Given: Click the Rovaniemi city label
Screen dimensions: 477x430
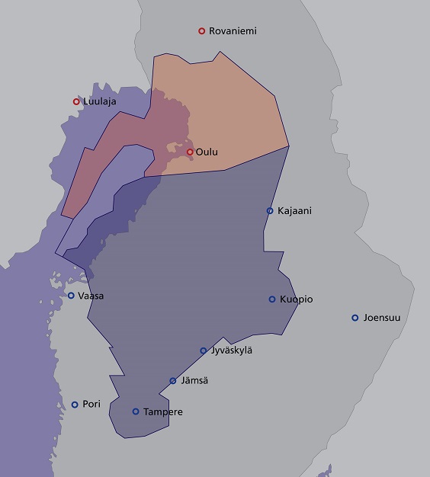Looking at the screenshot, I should pos(233,31).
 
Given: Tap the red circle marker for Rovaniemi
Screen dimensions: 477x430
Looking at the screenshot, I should pos(202,31).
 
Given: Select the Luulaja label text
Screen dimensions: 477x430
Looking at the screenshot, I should pos(101,101).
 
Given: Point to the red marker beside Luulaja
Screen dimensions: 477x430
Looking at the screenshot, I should pos(76,101).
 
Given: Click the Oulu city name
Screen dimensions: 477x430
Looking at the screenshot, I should pos(207,152).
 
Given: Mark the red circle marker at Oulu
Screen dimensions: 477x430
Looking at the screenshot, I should pos(190,152).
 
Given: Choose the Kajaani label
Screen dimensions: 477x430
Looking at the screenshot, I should pos(294,210).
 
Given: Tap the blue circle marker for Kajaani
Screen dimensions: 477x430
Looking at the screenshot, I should pos(270,210).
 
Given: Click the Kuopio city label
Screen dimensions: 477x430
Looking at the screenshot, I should pos(296,299).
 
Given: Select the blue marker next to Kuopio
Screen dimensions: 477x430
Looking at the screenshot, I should pos(272,299).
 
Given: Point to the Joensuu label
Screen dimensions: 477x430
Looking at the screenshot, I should pos(383,318).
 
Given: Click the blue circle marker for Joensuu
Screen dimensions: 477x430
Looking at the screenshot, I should pos(355,318).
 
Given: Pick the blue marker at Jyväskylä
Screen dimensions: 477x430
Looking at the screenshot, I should pos(204,351).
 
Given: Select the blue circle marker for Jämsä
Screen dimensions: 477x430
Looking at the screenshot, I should pos(173,381).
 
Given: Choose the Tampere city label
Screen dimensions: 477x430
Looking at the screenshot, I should pos(163,412).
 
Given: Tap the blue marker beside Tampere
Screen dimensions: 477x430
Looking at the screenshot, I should pos(136,411).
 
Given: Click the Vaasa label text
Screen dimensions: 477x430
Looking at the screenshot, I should pos(91,296).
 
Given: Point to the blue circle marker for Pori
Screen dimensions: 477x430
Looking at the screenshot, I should pos(75,405).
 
